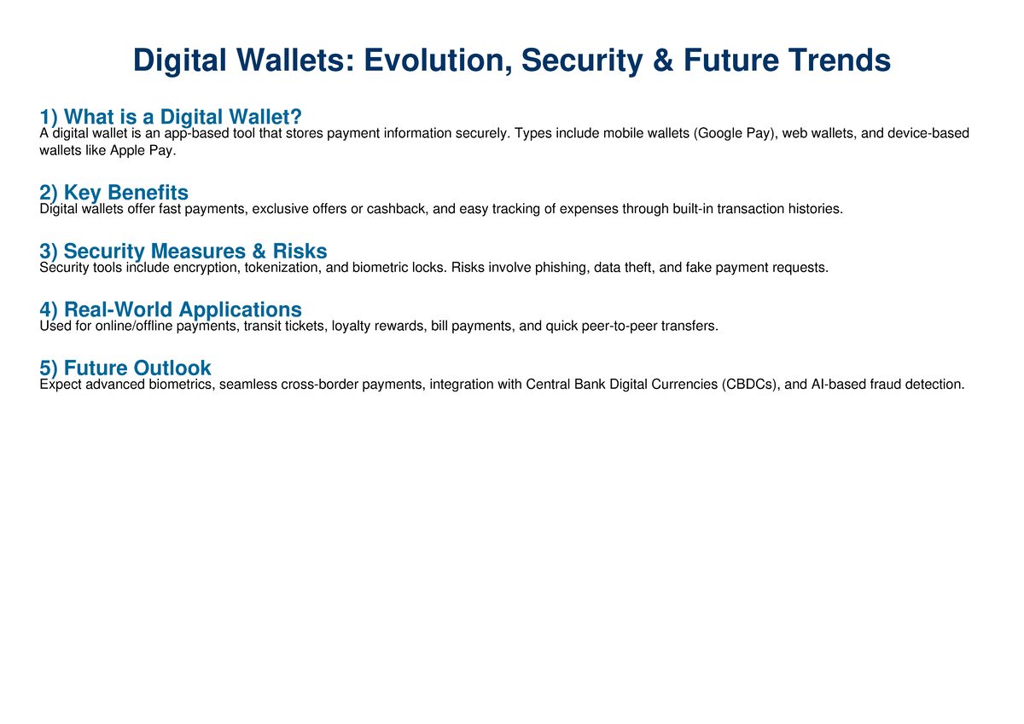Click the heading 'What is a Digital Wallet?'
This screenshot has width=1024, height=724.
171,117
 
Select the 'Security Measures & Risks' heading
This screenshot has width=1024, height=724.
183,251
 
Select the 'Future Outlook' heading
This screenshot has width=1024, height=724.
125,368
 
